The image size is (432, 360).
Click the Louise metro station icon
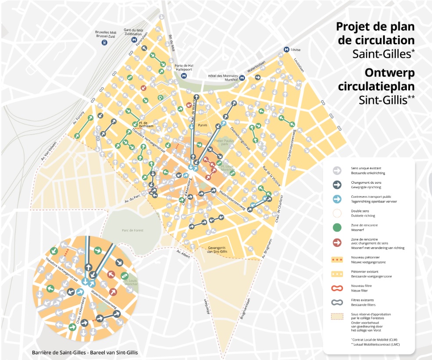click(286, 50)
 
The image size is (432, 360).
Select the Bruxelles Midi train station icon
click(104, 43)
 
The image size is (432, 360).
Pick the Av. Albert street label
click(184, 254)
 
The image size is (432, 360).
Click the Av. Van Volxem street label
click(50, 150)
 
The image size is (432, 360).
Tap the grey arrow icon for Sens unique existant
click(337, 170)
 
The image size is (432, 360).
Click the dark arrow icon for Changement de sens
click(337, 184)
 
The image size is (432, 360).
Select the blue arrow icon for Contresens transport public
click(337, 199)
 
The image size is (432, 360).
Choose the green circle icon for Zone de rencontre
click(337, 228)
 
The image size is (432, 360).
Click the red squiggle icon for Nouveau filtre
click(337, 288)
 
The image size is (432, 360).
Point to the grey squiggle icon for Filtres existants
click(337, 302)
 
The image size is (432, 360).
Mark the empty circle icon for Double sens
click(337, 213)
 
